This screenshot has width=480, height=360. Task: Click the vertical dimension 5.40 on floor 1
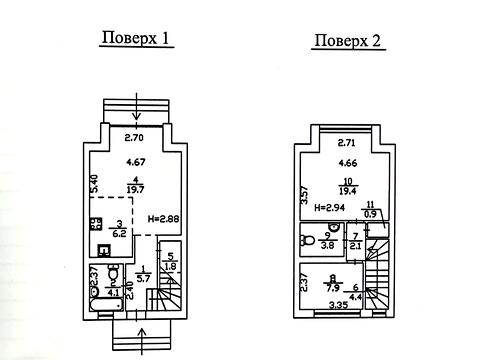93,183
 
